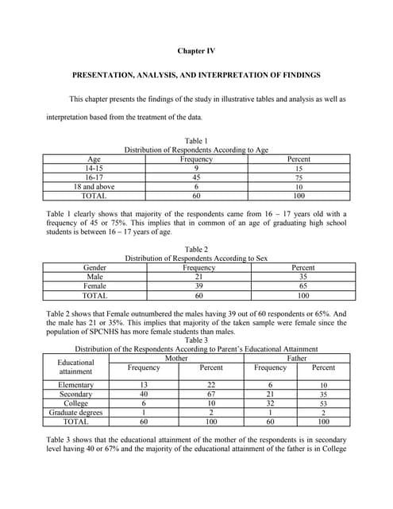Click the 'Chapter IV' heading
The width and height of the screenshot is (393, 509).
click(196, 51)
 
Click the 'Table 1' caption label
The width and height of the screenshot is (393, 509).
click(196, 141)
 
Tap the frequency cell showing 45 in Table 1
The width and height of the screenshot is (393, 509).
click(196, 177)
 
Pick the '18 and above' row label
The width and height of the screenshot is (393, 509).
click(94, 187)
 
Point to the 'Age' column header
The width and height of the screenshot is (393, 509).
click(94, 159)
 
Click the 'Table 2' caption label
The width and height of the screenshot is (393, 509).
click(196, 250)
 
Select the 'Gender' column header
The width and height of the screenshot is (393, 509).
click(94, 268)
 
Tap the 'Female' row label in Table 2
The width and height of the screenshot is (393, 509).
click(94, 286)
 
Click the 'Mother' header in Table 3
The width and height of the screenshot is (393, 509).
click(175, 359)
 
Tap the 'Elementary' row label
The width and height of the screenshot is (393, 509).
click(76, 385)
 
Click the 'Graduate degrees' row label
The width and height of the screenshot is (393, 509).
click(76, 413)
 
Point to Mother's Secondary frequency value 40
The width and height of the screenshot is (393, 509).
click(144, 394)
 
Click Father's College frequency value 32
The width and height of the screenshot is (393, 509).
click(270, 403)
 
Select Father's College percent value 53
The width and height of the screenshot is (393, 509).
click(323, 404)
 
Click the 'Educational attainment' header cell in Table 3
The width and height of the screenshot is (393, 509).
click(76, 367)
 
